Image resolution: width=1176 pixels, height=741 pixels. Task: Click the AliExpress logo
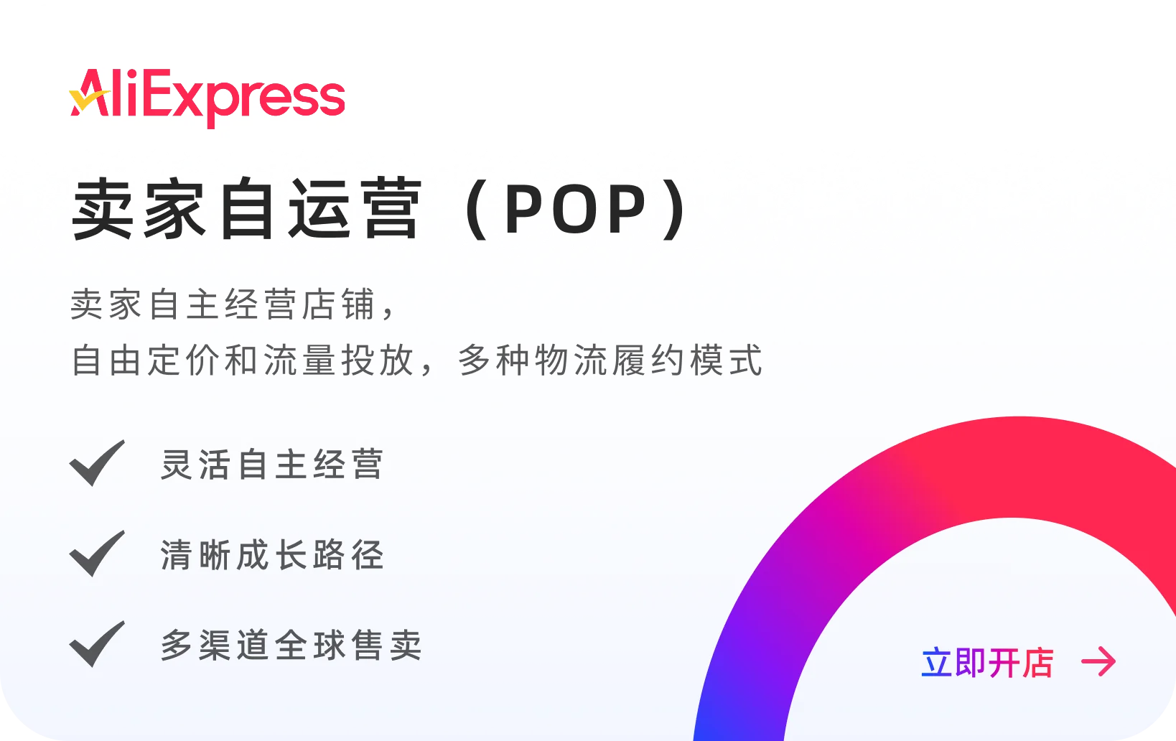[x=207, y=98]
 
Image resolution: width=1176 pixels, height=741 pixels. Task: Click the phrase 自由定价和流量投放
[x=244, y=360]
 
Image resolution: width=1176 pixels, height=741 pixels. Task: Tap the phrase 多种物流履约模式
[x=610, y=360]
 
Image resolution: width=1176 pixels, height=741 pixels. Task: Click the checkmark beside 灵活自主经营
[x=97, y=463]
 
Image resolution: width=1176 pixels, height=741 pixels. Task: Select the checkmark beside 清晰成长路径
[x=97, y=554]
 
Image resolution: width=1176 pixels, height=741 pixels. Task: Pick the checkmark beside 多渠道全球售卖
[x=97, y=644]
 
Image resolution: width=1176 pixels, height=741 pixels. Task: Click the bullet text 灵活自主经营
[x=272, y=465]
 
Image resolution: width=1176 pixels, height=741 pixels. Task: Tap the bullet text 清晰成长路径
[x=272, y=555]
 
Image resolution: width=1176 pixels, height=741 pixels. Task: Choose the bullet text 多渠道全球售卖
[x=291, y=645]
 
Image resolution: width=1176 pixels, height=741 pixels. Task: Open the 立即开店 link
[x=987, y=662]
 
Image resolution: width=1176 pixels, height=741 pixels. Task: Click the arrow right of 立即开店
[x=1098, y=661]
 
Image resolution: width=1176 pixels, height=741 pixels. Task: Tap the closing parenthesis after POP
[x=675, y=210]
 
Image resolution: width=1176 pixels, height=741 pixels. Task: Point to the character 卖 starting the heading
[x=103, y=209]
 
